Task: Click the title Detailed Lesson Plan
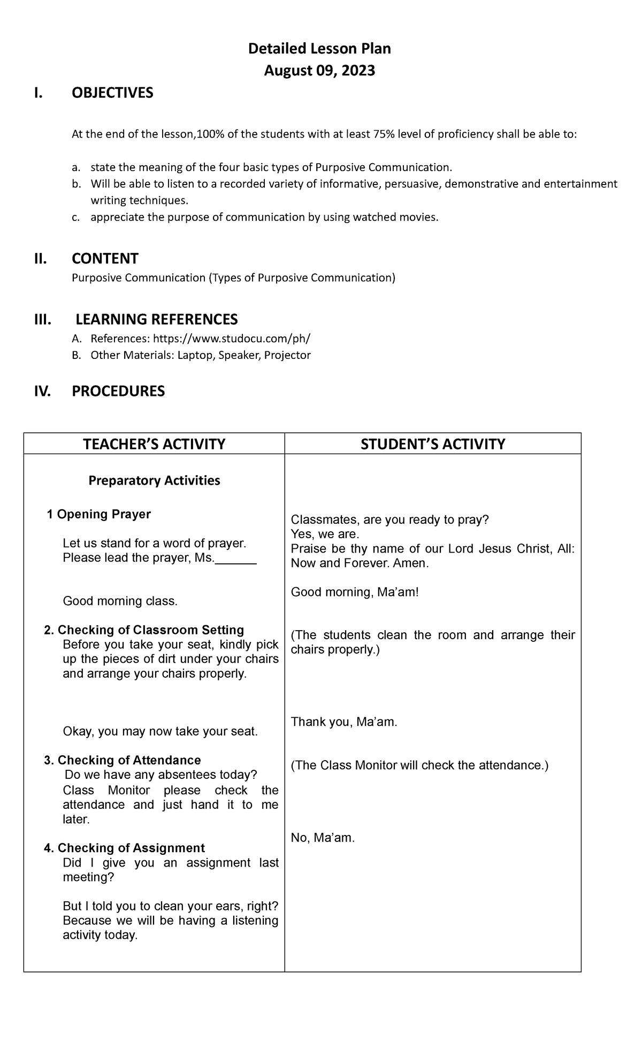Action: pyautogui.click(x=319, y=49)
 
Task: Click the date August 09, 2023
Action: pyautogui.click(x=319, y=71)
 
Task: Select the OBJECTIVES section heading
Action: pyautogui.click(x=112, y=93)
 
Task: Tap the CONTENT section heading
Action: pyautogui.click(x=105, y=259)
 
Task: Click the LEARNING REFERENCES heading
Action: pyautogui.click(x=156, y=319)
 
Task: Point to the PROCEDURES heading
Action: pyautogui.click(x=118, y=392)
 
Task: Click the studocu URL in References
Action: pyautogui.click(x=231, y=339)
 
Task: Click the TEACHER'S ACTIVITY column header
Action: pyautogui.click(x=154, y=444)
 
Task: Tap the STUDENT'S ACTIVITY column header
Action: pyautogui.click(x=432, y=444)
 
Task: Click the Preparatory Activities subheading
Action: pyautogui.click(x=154, y=480)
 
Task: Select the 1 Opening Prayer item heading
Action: pyautogui.click(x=98, y=514)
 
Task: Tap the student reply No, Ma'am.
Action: pyautogui.click(x=323, y=838)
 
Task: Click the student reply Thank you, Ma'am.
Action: pyautogui.click(x=344, y=722)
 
